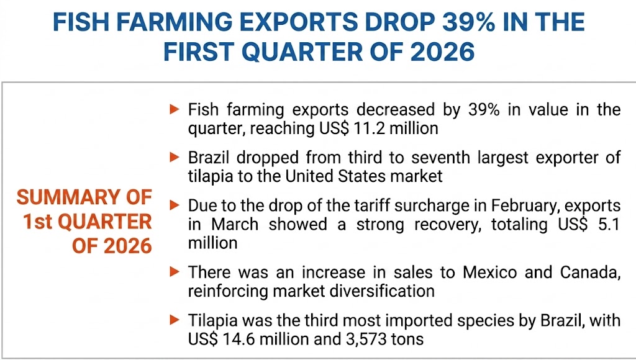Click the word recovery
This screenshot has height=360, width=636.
coord(437,223)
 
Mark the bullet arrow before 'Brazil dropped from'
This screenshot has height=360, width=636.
coord(175,158)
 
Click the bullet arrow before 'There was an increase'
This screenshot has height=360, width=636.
coord(175,272)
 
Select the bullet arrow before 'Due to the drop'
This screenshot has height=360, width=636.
coord(175,205)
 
